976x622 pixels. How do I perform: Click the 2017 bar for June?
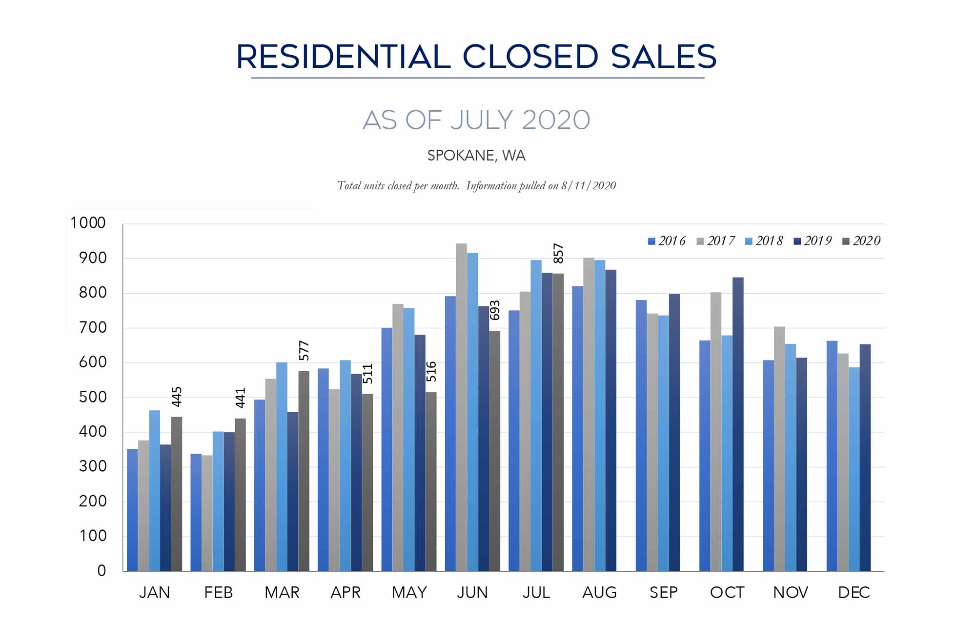461,407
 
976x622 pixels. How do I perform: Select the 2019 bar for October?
738,424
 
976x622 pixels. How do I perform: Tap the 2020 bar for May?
431,482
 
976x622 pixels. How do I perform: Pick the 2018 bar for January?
154,490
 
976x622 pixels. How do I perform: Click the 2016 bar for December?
832,456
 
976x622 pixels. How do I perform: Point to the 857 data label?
558,254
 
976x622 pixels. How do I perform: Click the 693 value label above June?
495,310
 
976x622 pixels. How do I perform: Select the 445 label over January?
177,397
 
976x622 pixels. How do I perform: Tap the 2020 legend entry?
861,241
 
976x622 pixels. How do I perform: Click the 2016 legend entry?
667,241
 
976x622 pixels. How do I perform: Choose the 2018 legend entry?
764,241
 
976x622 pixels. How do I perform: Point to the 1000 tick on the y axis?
88,223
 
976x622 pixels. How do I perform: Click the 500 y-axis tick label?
92,397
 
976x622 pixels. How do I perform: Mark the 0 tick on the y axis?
102,570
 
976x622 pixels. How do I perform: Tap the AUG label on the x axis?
599,593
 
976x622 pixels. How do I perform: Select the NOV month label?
791,593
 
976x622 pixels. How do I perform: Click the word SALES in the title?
663,57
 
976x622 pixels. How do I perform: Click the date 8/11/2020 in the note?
589,186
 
